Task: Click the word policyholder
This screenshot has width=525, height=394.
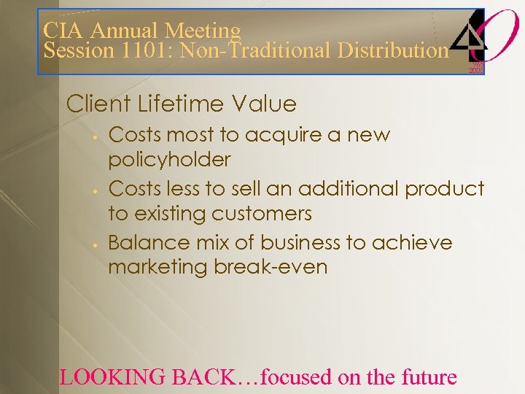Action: pyautogui.click(x=169, y=160)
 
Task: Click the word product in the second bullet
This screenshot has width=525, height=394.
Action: pyautogui.click(x=445, y=189)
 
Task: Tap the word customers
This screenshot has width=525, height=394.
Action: pyautogui.click(x=262, y=214)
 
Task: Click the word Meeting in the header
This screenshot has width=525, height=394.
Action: pyautogui.click(x=202, y=31)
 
